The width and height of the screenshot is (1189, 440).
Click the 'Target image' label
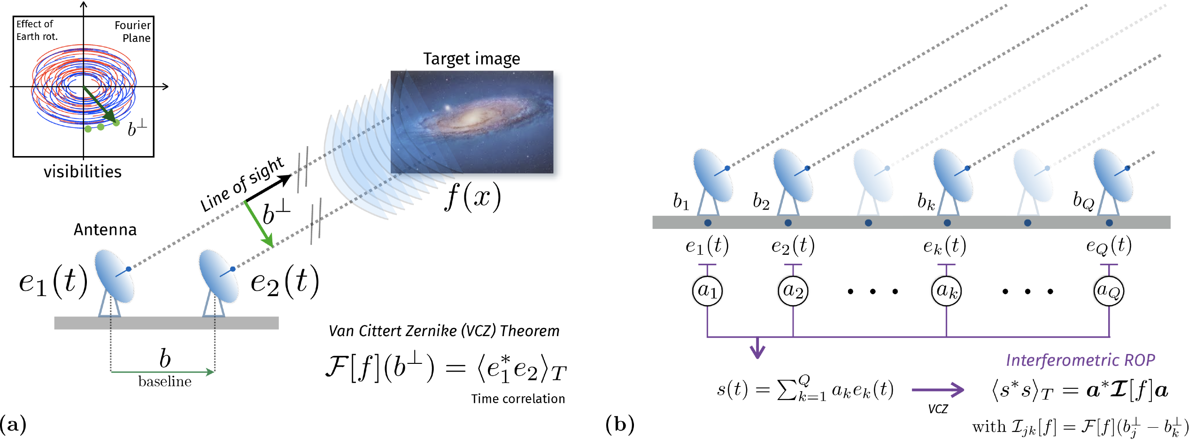point(471,59)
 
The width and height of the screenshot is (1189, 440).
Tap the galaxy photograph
point(472,122)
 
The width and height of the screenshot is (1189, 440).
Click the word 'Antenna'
point(105,229)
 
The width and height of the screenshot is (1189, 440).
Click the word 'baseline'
point(165,381)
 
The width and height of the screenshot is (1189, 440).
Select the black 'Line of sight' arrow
point(268,189)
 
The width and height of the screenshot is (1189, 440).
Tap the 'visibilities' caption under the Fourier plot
point(83,172)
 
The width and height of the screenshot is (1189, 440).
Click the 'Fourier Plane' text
point(133,31)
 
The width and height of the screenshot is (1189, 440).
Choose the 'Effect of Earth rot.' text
point(36,30)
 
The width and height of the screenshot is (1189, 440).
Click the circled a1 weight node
point(707,291)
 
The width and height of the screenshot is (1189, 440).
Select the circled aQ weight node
point(1109,291)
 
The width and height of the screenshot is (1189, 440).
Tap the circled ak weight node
point(946,291)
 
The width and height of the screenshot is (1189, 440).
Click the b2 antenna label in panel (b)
point(761,201)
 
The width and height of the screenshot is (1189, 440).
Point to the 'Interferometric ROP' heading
point(1080,360)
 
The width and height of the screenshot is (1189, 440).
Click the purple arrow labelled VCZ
point(938,390)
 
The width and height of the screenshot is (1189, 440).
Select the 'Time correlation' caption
point(518,399)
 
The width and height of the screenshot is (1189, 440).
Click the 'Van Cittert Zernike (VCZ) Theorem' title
point(444,331)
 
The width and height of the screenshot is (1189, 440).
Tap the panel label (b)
point(620,424)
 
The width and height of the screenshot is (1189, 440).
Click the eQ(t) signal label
point(1109,246)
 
